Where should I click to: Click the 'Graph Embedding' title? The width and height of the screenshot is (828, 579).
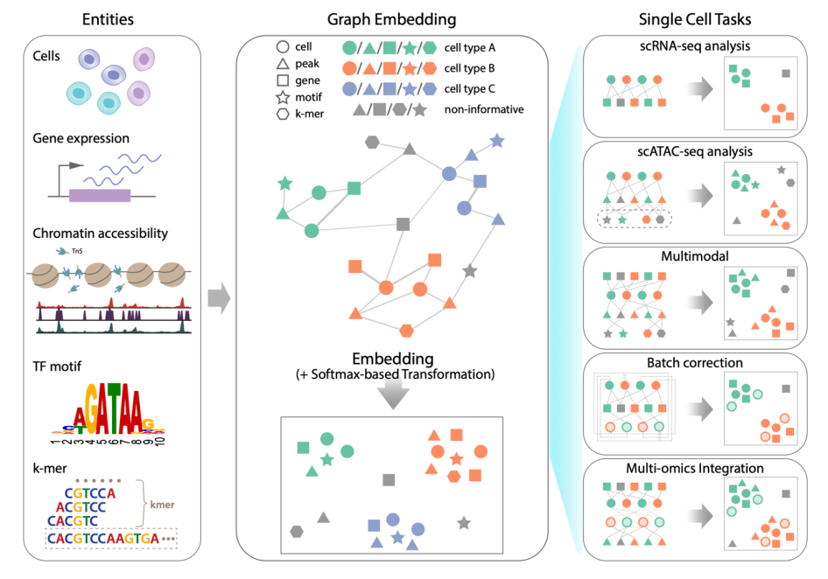point(392,18)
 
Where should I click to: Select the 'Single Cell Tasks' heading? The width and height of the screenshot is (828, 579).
point(695,18)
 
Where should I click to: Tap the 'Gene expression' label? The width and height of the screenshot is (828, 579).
point(81,138)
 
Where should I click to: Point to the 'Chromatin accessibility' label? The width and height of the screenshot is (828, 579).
point(100,234)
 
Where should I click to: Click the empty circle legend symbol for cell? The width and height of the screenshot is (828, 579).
point(283,46)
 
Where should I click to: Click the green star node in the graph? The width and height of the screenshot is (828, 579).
point(284,185)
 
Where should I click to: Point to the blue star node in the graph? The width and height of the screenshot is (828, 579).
point(497,140)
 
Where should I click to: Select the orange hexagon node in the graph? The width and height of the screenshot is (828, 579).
point(405,330)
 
